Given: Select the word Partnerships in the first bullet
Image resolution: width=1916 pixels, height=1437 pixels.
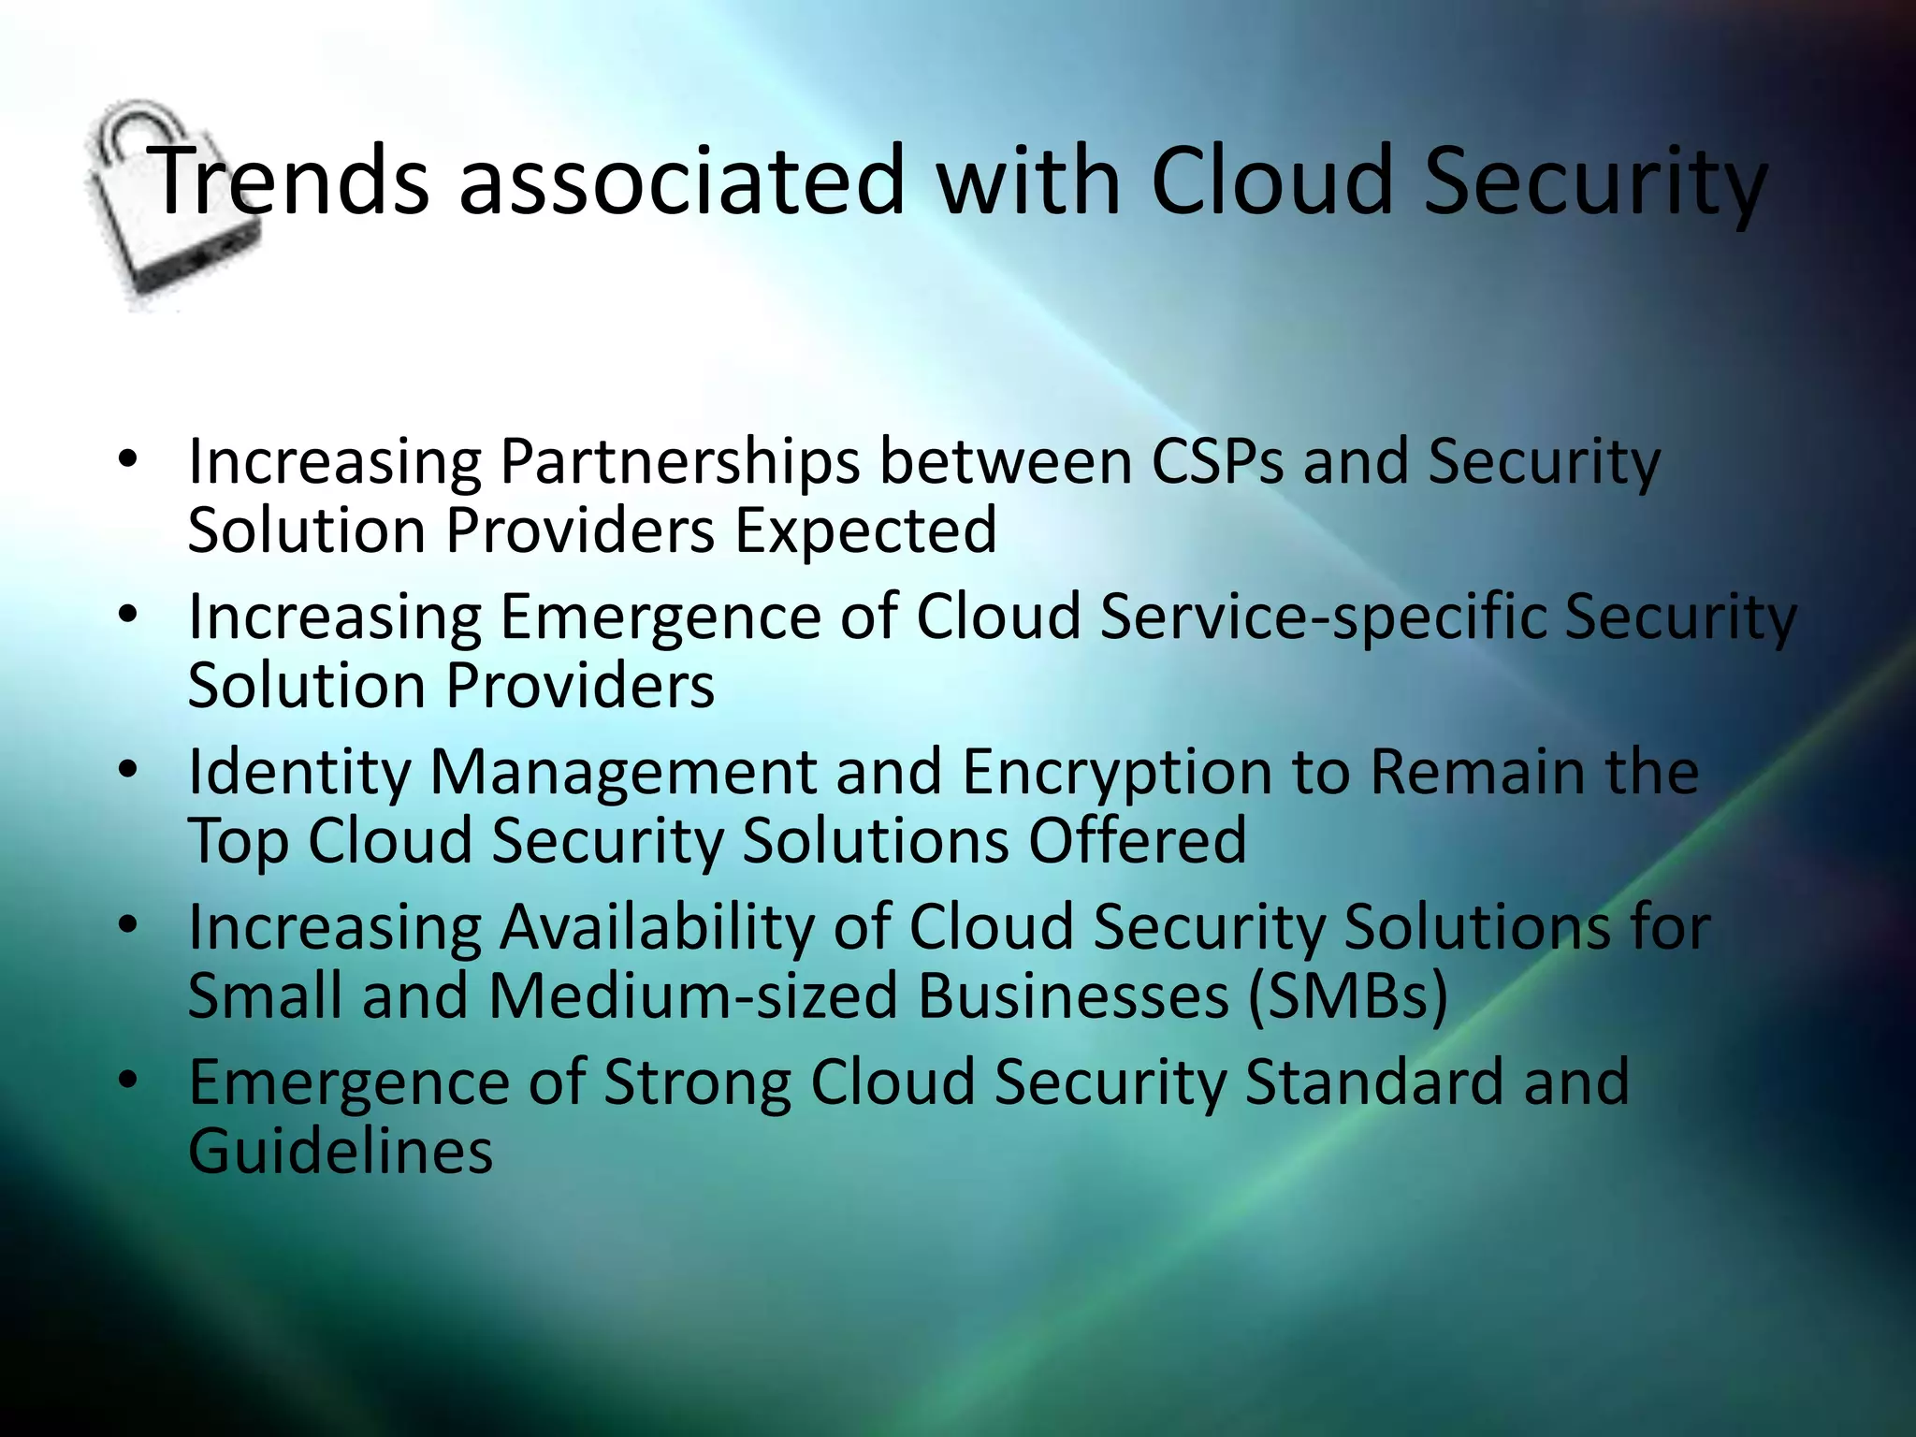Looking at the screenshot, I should click(x=679, y=462).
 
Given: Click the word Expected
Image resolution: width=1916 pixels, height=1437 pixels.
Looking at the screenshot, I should click(x=865, y=530).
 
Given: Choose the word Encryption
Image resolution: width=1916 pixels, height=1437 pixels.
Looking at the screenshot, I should click(x=1117, y=775).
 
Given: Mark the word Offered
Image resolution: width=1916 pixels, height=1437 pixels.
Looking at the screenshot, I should click(x=1138, y=840).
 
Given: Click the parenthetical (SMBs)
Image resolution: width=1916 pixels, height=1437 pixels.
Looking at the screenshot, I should click(x=1348, y=995).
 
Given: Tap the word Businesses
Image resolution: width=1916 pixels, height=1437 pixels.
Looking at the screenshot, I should click(x=1073, y=995).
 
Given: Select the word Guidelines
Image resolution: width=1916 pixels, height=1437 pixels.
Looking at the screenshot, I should click(x=341, y=1151).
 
